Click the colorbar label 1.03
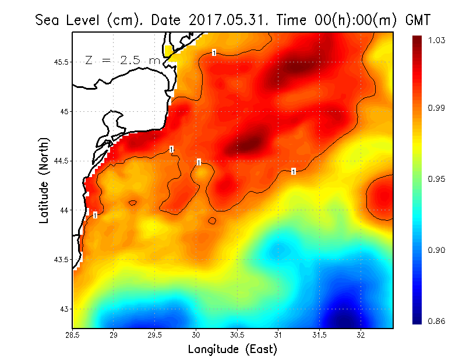tap(421, 40)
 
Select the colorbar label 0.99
tap(421, 108)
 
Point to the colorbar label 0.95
tap(421, 179)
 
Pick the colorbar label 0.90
tap(421, 250)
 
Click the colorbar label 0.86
tap(421, 321)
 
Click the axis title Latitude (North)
tap(44, 181)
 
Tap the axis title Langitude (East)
tap(232, 350)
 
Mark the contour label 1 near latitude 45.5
tap(214, 53)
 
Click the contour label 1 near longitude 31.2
tap(294, 171)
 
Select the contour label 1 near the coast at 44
tap(95, 216)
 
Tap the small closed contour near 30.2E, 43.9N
tap(212, 221)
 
